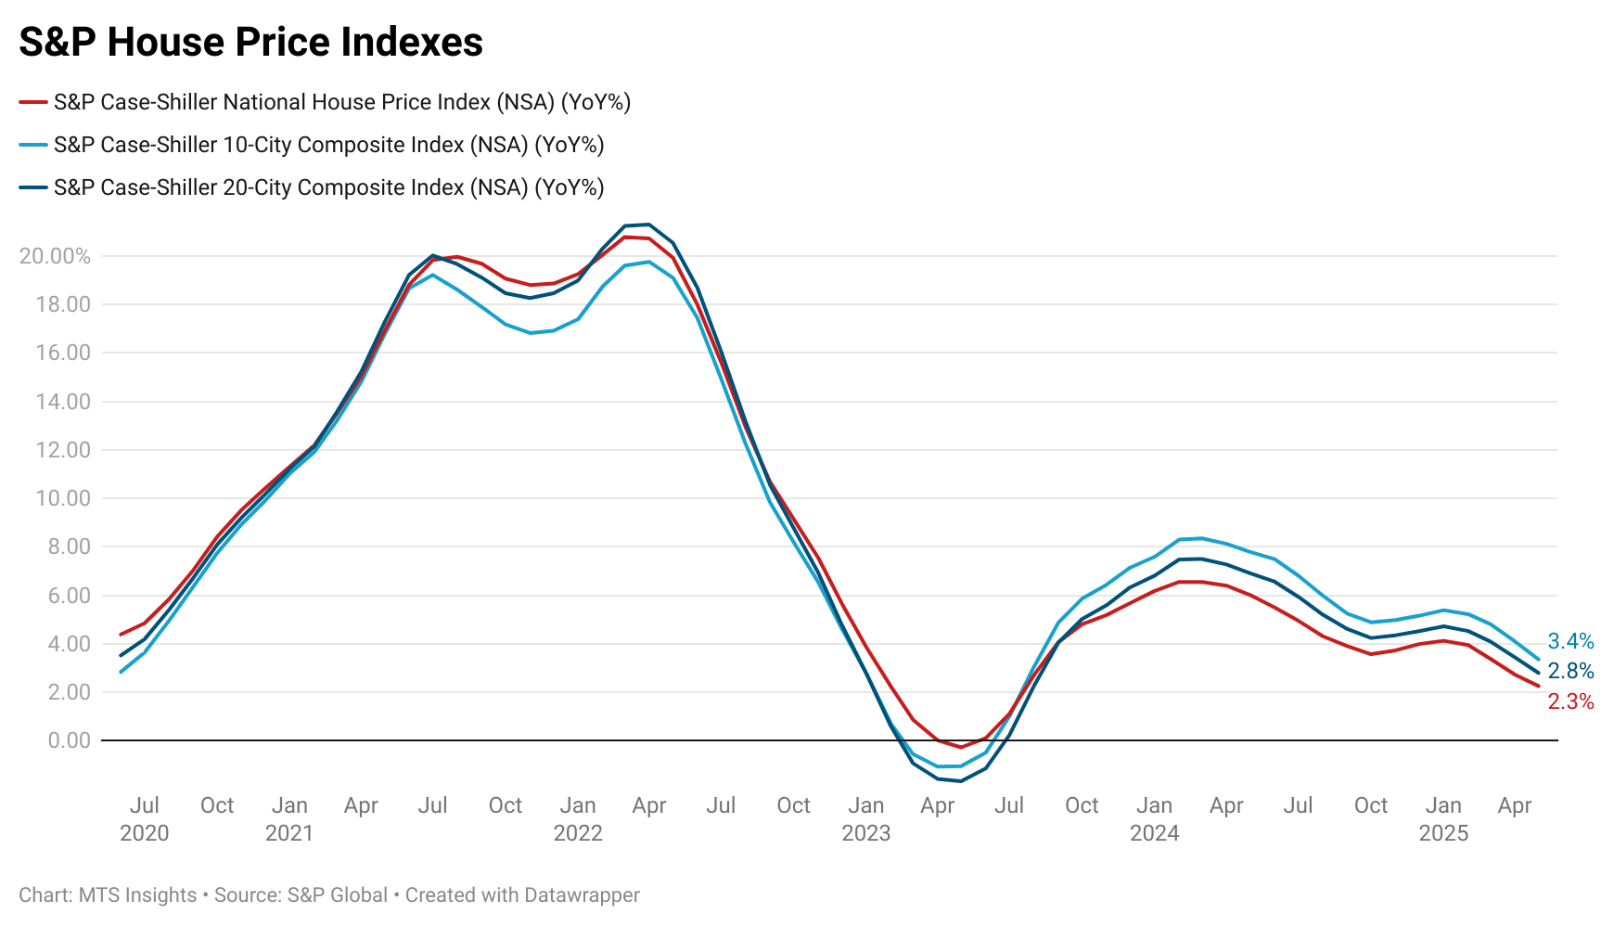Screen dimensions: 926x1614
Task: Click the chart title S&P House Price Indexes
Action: (250, 43)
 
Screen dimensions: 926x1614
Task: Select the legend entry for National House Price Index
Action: (341, 102)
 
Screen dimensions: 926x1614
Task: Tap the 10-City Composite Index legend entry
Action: (328, 145)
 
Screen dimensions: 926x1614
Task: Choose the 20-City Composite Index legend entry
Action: (328, 187)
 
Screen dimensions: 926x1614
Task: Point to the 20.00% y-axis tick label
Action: (55, 256)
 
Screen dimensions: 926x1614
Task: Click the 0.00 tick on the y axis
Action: (69, 740)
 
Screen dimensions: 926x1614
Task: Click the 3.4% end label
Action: (1570, 641)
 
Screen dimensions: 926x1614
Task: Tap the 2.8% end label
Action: (1570, 671)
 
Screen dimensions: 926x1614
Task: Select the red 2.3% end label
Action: (1570, 701)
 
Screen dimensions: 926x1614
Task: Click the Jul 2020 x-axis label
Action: (145, 818)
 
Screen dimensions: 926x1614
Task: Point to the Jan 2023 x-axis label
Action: (865, 818)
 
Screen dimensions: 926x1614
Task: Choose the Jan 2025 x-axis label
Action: (1443, 818)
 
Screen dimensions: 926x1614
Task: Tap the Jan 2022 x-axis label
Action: (578, 818)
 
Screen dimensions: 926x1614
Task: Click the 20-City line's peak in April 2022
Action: (648, 225)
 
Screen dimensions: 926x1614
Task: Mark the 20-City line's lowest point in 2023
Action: (961, 781)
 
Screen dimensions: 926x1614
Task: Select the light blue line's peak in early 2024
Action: (1202, 538)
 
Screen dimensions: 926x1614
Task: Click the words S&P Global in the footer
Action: (338, 895)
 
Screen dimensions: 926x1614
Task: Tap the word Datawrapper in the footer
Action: (582, 895)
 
